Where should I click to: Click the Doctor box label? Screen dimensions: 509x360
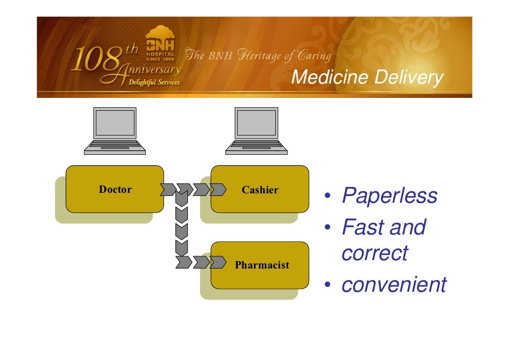click(x=115, y=189)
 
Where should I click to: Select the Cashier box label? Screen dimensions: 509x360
click(x=260, y=189)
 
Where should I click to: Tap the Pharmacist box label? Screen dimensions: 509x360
click(x=262, y=265)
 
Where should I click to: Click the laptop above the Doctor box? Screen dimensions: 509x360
click(x=115, y=131)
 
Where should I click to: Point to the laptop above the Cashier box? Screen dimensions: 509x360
click(x=256, y=131)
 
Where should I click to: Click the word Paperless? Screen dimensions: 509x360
click(x=389, y=196)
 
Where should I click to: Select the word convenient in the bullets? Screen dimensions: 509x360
click(x=394, y=285)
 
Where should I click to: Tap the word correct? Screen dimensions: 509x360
click(x=375, y=253)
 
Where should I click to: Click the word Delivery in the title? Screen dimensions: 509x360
click(x=408, y=78)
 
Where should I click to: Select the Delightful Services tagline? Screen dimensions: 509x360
click(x=154, y=83)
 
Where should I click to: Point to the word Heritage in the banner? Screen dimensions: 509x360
click(x=257, y=55)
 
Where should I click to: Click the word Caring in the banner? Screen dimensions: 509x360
click(x=314, y=55)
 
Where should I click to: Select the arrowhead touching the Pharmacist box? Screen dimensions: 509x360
click(x=217, y=262)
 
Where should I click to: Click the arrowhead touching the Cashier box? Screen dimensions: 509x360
click(x=217, y=189)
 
